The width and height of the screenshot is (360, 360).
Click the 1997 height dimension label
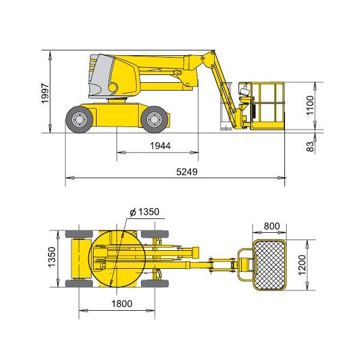tap(45, 94)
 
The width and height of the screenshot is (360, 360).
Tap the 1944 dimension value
tap(160, 146)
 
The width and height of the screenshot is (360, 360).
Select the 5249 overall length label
tap(187, 172)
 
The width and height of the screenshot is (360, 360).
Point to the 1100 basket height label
tap(310, 105)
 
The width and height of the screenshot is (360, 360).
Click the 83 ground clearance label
tap(310, 146)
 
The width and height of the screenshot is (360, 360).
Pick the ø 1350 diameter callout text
tap(145, 212)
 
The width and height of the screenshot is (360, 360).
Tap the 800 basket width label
tap(272, 226)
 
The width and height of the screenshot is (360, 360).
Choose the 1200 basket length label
tap(302, 265)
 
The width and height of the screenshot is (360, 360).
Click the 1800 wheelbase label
tap(122, 304)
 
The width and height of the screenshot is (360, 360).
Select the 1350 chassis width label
tap(52, 257)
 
